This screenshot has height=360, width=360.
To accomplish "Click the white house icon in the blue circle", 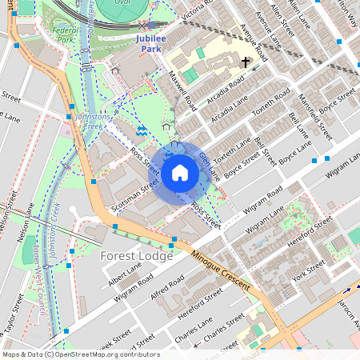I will tap(180, 172).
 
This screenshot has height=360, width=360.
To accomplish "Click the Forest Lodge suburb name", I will tap(136, 257).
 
